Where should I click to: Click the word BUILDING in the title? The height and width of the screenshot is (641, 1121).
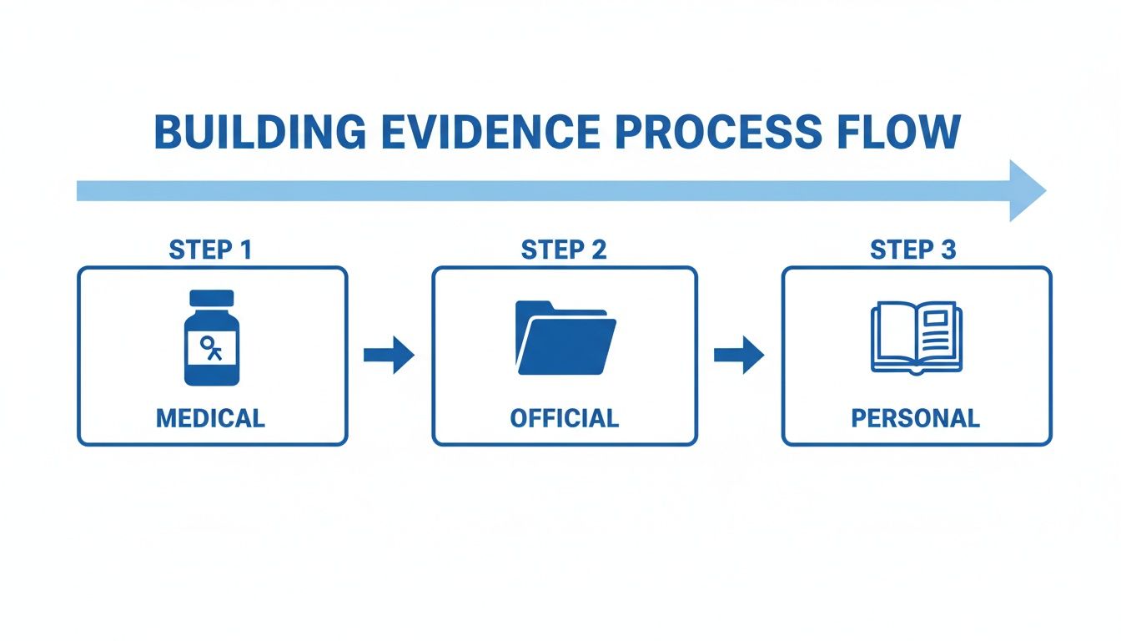(259, 133)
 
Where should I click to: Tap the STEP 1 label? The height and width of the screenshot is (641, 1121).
(210, 250)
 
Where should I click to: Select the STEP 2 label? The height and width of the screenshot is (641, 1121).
(564, 250)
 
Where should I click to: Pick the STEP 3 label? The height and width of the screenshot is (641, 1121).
(913, 250)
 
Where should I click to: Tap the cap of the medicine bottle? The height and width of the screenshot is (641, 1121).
(212, 299)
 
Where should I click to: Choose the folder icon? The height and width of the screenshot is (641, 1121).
(565, 337)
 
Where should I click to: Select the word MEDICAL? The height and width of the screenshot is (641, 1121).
(210, 417)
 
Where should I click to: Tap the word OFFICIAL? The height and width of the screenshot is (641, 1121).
(564, 417)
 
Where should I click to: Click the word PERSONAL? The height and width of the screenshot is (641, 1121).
(915, 417)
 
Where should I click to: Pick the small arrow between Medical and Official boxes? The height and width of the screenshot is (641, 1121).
(389, 356)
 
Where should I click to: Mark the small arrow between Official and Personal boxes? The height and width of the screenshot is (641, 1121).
(739, 356)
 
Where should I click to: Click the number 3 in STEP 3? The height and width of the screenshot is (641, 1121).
(949, 250)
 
